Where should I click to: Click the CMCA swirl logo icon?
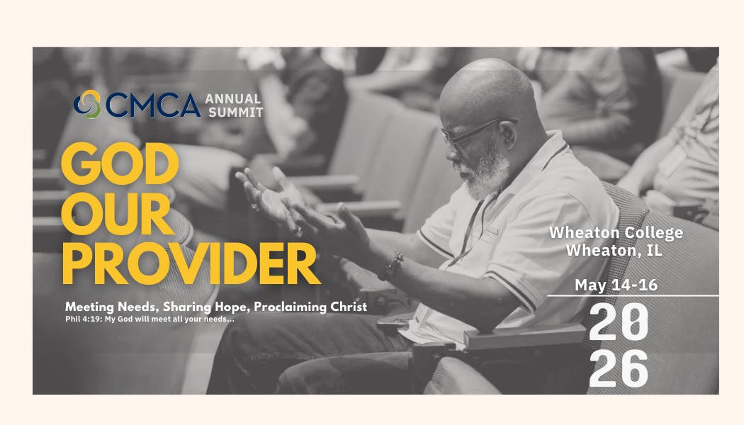(x=87, y=104)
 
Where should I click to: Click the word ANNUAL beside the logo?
(x=233, y=98)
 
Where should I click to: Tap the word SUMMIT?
(x=234, y=112)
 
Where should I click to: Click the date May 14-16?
(x=616, y=285)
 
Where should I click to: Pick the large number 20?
(x=618, y=322)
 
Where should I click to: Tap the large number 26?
(x=618, y=368)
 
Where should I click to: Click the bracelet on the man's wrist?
(x=390, y=266)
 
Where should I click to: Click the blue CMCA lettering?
(x=153, y=105)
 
